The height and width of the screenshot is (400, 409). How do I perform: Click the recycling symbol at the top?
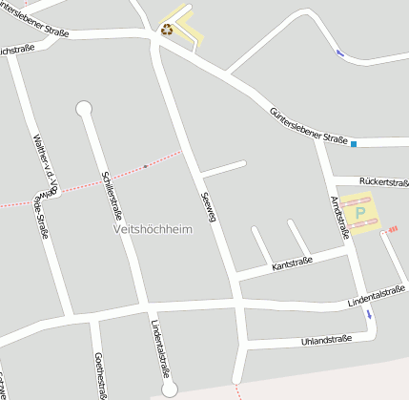click(x=167, y=30)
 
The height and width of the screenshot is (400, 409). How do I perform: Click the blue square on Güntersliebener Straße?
click(x=354, y=144)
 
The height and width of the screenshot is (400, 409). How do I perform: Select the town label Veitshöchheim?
click(x=153, y=229)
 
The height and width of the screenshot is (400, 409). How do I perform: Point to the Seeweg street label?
click(x=209, y=206)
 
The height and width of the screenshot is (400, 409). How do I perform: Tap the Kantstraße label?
click(x=292, y=262)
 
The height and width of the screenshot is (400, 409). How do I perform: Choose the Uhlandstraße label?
click(x=326, y=339)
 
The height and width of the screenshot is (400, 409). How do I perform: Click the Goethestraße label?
click(x=99, y=374)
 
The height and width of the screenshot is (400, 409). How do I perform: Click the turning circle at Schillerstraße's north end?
click(x=84, y=108)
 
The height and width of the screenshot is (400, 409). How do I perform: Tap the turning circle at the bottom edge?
click(x=170, y=389)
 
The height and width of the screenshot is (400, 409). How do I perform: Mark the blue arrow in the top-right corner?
click(x=340, y=53)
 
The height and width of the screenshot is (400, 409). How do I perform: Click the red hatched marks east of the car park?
click(x=393, y=228)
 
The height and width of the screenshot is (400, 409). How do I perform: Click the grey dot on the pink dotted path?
click(x=145, y=166)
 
